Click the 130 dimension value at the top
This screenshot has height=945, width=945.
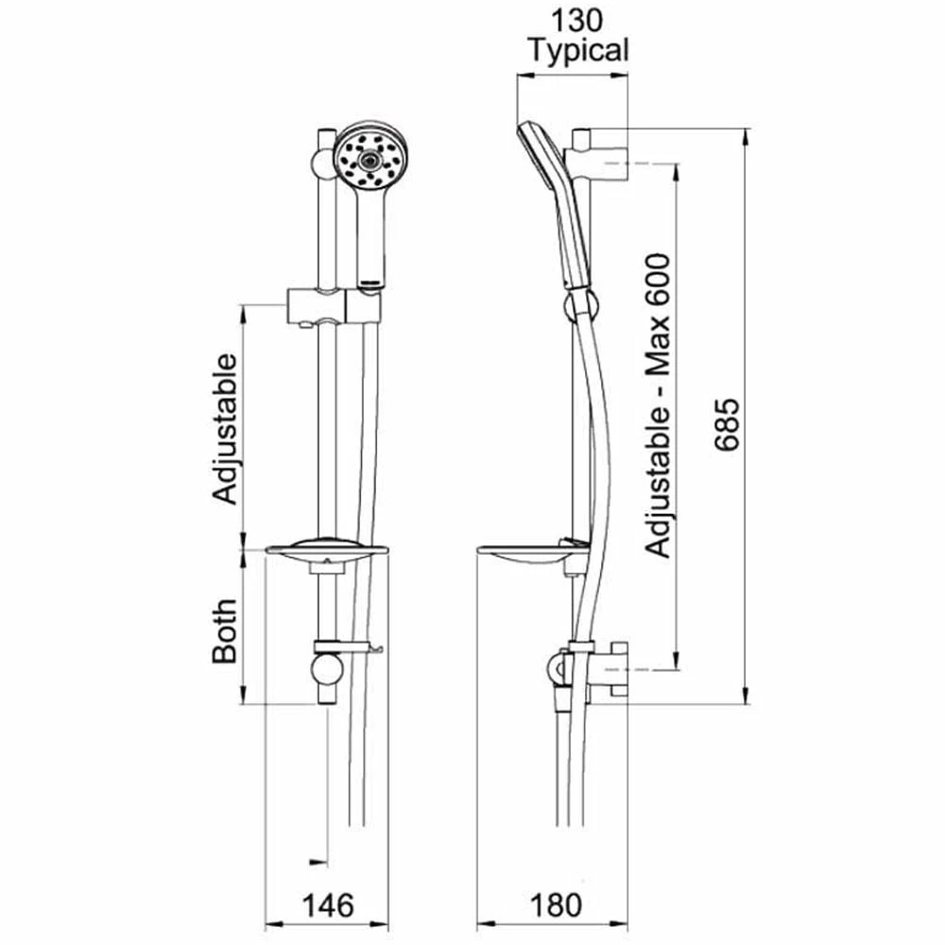577,20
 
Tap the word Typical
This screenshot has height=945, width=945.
577,50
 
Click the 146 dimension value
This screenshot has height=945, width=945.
327,904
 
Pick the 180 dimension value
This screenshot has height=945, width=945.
550,904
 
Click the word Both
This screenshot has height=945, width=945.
225,630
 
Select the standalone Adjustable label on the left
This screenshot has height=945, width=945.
225,427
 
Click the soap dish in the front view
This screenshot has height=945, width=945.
328,554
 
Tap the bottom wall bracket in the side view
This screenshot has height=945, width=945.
605,672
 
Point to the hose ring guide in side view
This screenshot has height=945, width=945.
579,306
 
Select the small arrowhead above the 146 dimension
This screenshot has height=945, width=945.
318,861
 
